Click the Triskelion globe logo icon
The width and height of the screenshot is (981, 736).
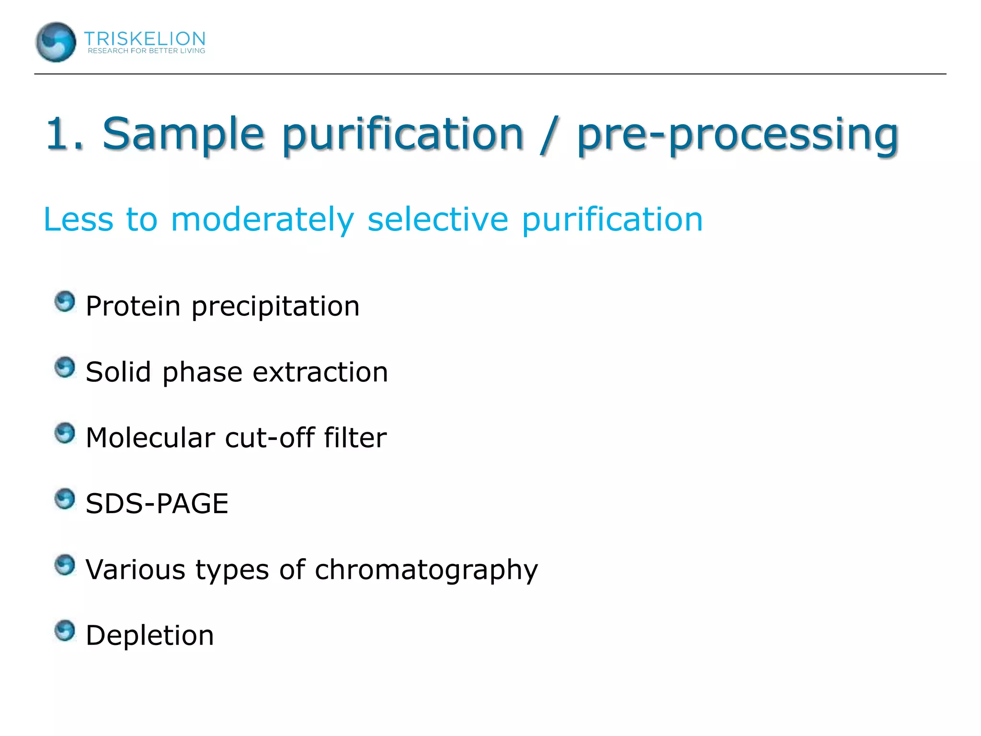click(x=56, y=42)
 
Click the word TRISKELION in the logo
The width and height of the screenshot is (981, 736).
click(x=145, y=38)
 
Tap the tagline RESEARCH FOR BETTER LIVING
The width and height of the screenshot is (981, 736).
click(x=146, y=51)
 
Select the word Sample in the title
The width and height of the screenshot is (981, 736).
click(x=183, y=134)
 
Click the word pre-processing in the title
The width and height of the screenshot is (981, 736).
click(x=738, y=135)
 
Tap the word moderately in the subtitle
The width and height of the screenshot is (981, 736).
click(x=262, y=219)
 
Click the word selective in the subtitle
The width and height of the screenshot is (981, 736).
click(x=437, y=219)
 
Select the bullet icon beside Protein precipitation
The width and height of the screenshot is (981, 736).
click(x=65, y=302)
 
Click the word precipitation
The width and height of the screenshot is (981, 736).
click(x=275, y=307)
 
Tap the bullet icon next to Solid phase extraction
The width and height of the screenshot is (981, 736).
click(x=65, y=368)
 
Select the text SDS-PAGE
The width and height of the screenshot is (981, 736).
click(x=157, y=504)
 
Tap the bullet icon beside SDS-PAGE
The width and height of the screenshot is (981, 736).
click(x=65, y=499)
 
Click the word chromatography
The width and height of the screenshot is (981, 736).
click(x=426, y=570)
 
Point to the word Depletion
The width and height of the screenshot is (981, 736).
click(x=149, y=635)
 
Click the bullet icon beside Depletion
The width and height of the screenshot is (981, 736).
click(x=65, y=631)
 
